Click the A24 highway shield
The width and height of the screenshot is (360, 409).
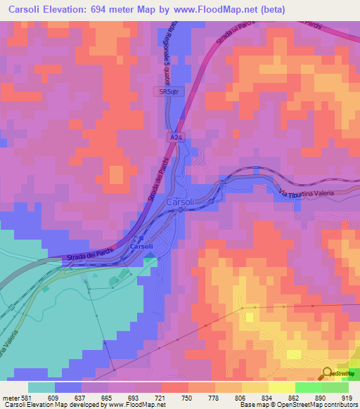pos(172,138)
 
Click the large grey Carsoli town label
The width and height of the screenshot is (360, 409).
pos(181,202)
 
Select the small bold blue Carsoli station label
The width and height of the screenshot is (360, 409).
pos(141,247)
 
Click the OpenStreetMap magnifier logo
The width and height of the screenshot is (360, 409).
pos(328,373)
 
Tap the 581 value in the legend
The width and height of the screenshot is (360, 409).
pos(27,396)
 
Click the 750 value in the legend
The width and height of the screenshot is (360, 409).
pos(188,396)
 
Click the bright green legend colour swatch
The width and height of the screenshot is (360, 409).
pos(308,387)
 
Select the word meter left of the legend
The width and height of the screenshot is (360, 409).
pos(10,396)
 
